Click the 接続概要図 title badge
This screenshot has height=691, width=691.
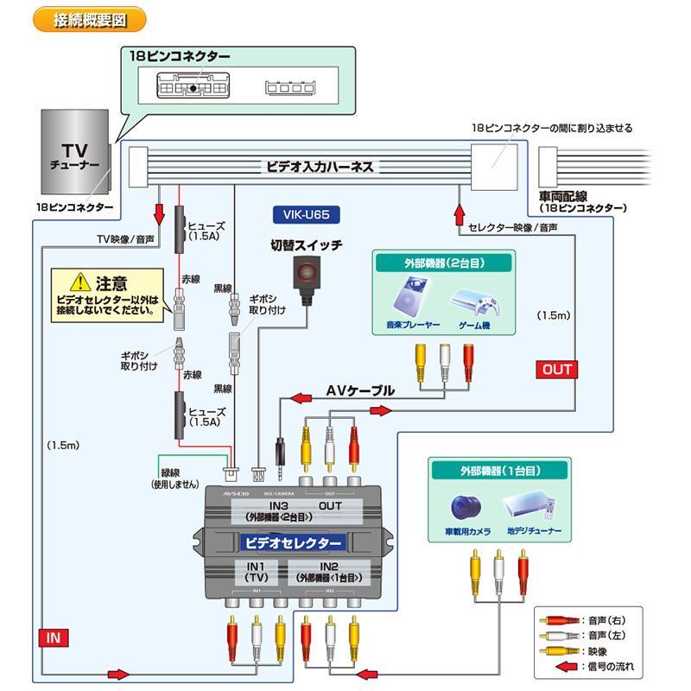pyautogui.click(x=88, y=19)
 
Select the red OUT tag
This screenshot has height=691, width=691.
pyautogui.click(x=557, y=369)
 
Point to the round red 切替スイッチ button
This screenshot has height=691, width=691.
pyautogui.click(x=307, y=274)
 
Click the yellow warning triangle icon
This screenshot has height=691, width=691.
pyautogui.click(x=80, y=282)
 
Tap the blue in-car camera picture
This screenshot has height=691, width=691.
pyautogui.click(x=468, y=506)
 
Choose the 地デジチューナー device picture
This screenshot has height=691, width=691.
pyautogui.click(x=533, y=506)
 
